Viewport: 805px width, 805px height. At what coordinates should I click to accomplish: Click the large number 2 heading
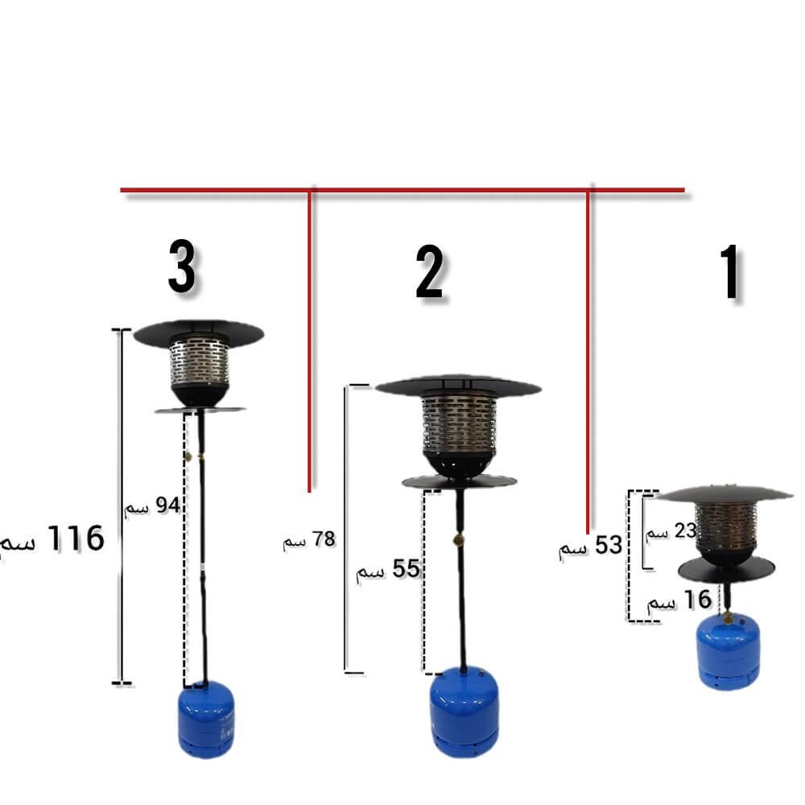coord(429,271)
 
